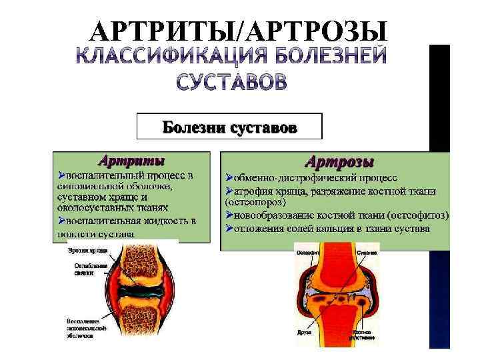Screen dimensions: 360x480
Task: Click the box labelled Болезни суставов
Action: [x=229, y=125]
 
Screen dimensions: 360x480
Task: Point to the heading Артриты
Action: [x=131, y=161]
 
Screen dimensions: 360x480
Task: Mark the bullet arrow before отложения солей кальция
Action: [x=229, y=228]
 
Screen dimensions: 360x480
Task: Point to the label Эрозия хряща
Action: [x=83, y=251]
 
